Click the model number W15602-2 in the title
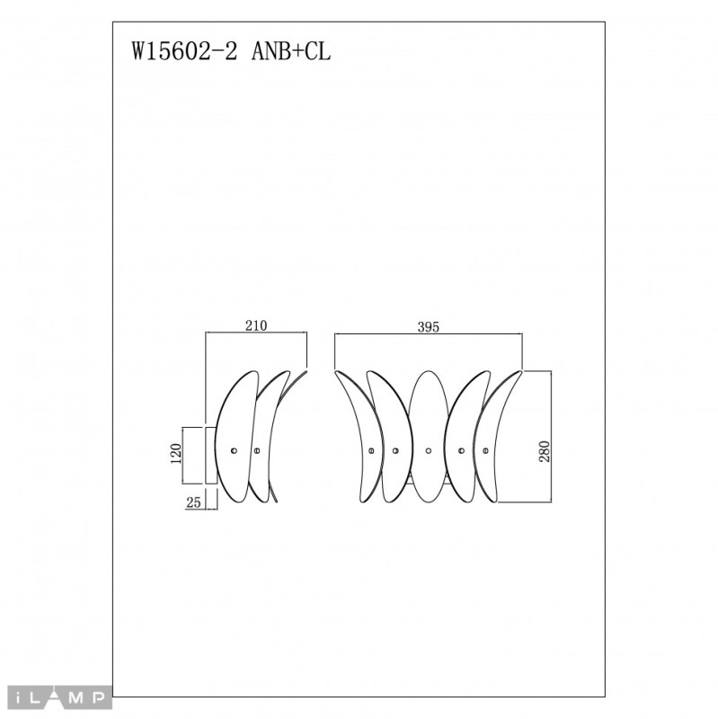(186, 52)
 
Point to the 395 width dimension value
(428, 327)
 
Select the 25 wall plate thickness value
(192, 503)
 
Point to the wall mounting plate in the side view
(210, 454)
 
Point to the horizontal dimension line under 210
(257, 334)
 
